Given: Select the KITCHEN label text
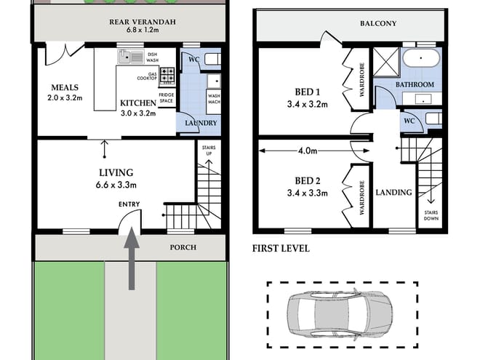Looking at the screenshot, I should tap(137, 103).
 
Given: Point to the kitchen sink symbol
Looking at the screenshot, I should tap(132, 56).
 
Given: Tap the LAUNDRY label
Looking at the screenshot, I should tap(201, 123).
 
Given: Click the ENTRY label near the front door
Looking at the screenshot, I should tap(129, 204).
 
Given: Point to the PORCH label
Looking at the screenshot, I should tap(183, 247).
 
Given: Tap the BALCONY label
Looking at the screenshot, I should tap(378, 23).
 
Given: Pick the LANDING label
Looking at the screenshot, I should tap(393, 193).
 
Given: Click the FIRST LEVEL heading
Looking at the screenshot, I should tap(281, 248).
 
